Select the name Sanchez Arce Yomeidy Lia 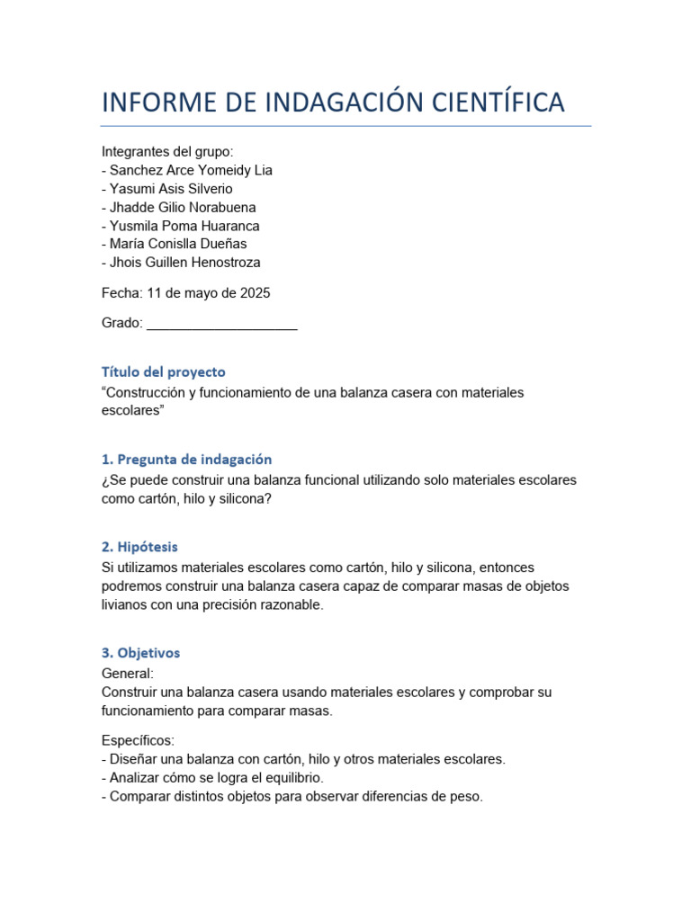(x=191, y=170)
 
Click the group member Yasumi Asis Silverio (x=171, y=189)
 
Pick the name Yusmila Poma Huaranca (x=184, y=226)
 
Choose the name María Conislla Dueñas (x=178, y=244)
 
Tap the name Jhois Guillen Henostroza (x=184, y=263)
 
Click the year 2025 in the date (x=255, y=293)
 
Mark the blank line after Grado (x=221, y=324)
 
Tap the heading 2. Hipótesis (x=139, y=546)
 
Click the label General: (x=128, y=674)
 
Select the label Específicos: (x=138, y=740)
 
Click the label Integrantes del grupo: (x=167, y=152)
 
